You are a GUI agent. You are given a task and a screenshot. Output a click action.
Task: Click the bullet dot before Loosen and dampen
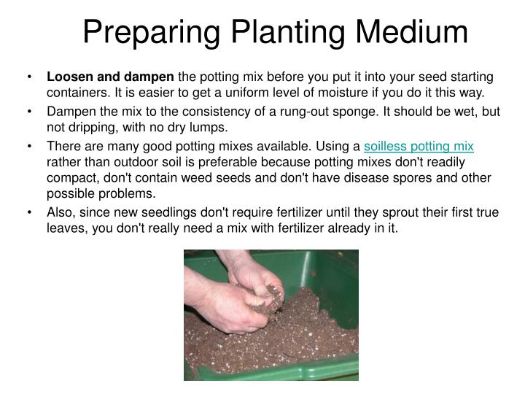tap(29, 77)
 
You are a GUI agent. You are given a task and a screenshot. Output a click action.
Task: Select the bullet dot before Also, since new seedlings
tap(29, 213)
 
